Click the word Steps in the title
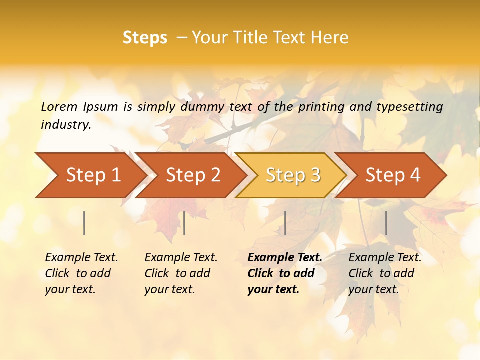[x=145, y=38]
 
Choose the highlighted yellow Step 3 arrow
[x=293, y=175]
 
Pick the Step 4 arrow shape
[x=393, y=175]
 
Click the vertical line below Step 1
[x=84, y=223]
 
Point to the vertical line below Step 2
[x=184, y=223]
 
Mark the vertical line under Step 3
[x=285, y=223]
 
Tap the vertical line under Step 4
[x=386, y=223]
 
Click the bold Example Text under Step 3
[x=285, y=258]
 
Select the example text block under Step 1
[x=81, y=273]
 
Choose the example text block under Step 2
[x=181, y=273]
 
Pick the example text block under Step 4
[x=385, y=273]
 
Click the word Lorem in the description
[x=59, y=107]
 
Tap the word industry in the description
[x=66, y=125]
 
